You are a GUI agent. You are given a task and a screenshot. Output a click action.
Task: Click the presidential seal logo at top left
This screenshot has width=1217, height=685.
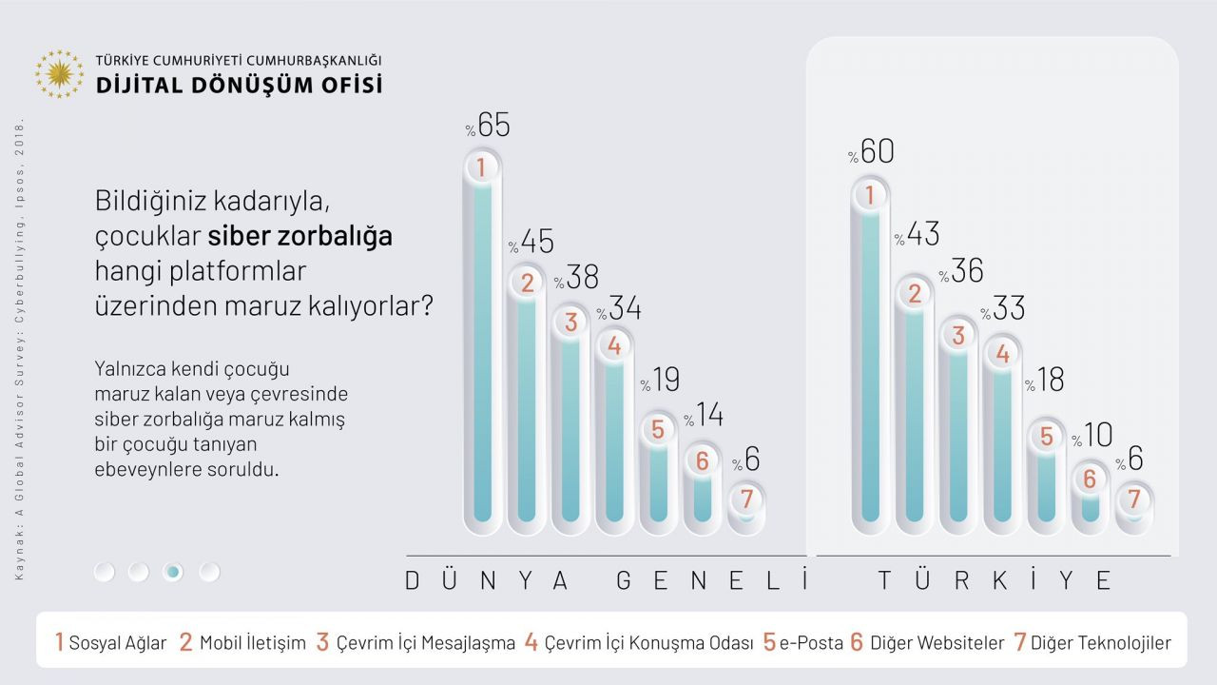(59, 74)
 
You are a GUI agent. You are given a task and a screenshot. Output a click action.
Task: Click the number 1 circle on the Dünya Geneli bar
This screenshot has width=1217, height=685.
(482, 168)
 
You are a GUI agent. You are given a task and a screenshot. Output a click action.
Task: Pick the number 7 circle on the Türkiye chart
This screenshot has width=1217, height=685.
(1132, 499)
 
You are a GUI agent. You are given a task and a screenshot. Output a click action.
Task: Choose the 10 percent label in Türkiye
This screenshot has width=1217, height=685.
(1093, 436)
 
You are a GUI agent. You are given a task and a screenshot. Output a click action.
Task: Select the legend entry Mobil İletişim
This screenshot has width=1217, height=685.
(243, 642)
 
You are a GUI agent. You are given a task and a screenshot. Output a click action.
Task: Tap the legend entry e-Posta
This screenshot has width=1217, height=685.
(803, 642)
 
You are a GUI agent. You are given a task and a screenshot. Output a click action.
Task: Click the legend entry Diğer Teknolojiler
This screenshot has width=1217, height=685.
(1092, 642)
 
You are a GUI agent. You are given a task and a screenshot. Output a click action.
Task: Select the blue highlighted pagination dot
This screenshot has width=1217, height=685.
(173, 572)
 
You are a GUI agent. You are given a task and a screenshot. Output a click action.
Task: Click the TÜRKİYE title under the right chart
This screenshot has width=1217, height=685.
(995, 580)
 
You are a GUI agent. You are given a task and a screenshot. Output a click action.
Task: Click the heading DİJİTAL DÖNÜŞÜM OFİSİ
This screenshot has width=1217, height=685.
(239, 85)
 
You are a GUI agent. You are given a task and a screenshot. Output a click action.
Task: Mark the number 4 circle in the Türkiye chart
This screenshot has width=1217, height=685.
(1001, 354)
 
